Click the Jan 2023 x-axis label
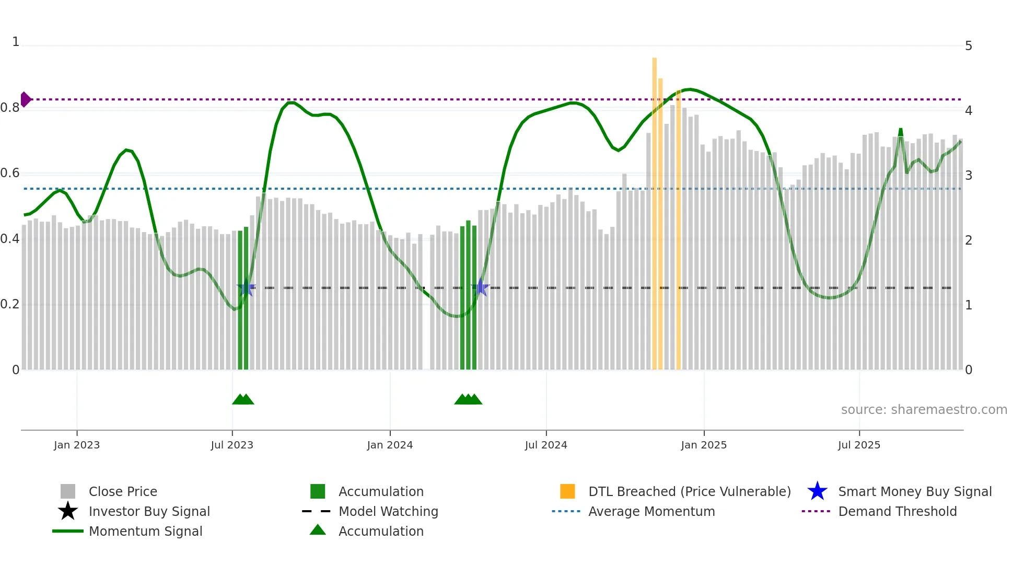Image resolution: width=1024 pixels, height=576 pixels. click(77, 445)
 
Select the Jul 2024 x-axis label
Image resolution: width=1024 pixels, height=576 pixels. click(546, 445)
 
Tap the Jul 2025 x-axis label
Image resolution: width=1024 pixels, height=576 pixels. click(859, 445)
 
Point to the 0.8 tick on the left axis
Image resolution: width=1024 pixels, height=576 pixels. click(10, 108)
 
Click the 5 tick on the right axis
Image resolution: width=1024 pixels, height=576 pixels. click(969, 46)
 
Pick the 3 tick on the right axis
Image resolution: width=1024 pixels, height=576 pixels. click(969, 176)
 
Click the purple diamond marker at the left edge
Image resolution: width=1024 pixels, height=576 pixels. click(26, 99)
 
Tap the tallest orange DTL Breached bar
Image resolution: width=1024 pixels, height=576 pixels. click(654, 209)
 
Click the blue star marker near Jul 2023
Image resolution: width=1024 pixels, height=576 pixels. click(246, 288)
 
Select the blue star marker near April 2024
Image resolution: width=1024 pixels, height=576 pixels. click(481, 287)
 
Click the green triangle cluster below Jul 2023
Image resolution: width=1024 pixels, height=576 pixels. click(243, 399)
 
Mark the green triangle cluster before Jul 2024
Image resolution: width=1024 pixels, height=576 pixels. click(468, 399)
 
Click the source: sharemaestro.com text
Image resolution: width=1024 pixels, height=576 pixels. click(924, 410)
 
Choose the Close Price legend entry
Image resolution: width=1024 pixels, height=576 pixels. click(123, 491)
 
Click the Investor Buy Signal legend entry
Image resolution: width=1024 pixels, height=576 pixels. click(149, 511)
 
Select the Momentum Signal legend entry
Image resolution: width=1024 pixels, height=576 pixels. click(145, 531)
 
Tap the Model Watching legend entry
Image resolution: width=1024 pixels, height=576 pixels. click(388, 511)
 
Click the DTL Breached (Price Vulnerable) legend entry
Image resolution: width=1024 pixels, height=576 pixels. click(689, 491)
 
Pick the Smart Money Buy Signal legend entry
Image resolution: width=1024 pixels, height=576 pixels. click(915, 491)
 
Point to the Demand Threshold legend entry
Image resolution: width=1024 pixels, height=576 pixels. click(897, 511)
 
